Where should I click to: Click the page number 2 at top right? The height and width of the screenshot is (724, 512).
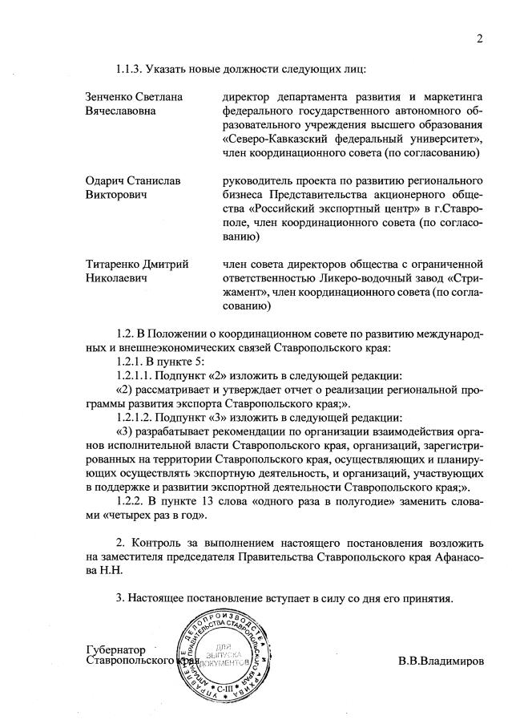(x=480, y=38)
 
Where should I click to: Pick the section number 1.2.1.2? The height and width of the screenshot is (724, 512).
(x=137, y=417)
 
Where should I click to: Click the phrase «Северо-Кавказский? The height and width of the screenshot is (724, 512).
(x=272, y=139)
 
